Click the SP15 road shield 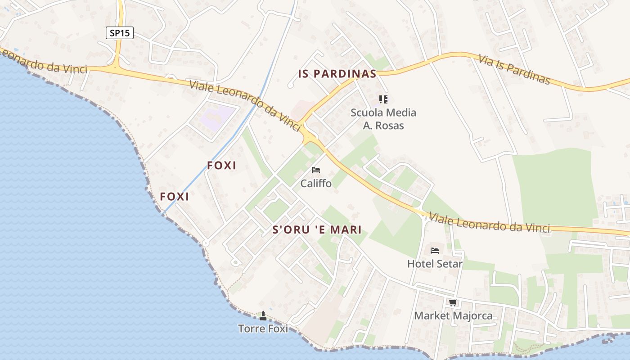120,33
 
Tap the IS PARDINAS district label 337,74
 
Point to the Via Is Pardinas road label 514,69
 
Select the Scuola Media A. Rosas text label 383,119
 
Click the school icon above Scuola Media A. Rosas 383,99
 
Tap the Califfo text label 316,184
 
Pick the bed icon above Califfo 316,170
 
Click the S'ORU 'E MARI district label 317,230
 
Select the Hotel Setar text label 435,264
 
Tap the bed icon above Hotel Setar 435,250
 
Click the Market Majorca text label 453,315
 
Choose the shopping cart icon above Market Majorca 453,302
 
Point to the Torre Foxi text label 263,328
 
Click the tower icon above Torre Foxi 263,315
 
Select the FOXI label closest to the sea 174,197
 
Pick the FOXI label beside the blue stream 221,166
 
